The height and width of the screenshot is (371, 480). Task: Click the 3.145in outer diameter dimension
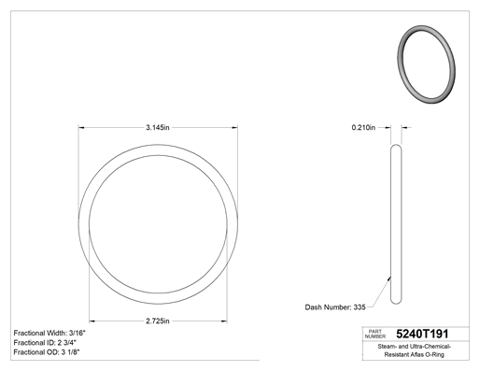158,127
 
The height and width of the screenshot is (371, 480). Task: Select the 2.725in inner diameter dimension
158,321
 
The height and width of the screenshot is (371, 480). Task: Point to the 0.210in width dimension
363,127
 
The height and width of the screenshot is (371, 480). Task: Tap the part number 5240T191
422,334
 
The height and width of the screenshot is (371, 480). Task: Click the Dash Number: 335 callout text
335,307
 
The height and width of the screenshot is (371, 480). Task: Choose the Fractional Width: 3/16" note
49,333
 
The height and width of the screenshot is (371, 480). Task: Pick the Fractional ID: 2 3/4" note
45,343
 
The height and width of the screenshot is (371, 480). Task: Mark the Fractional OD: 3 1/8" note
47,352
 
